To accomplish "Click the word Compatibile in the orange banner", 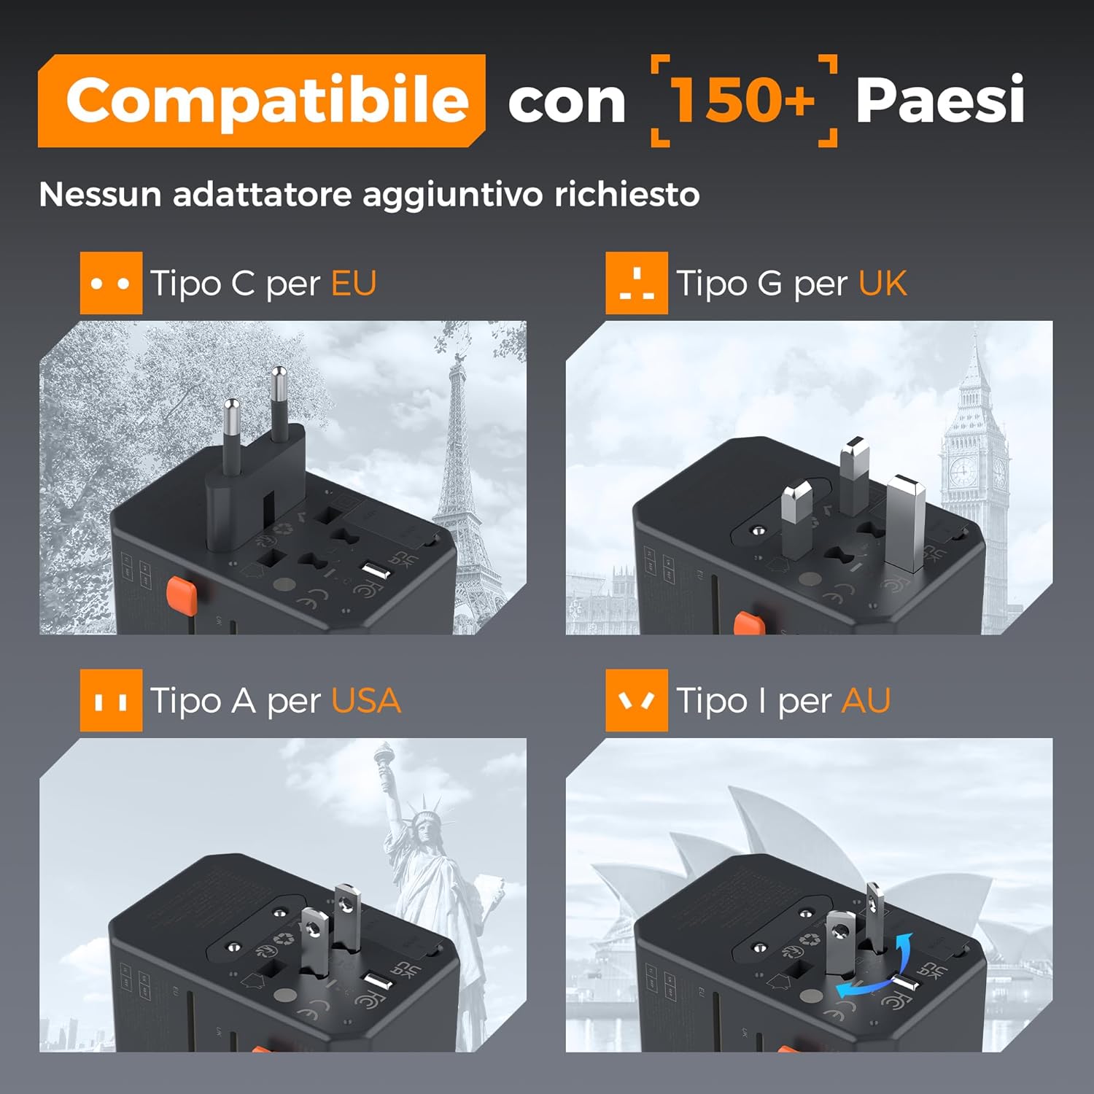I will coord(266,101).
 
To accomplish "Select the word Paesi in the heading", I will coord(939,100).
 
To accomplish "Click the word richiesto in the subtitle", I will coord(626,195).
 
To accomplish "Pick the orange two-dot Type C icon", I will coord(111,283).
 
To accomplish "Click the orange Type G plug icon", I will coord(636,283).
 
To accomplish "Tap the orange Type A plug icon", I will coord(111,701).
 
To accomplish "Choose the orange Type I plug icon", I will coord(636,701).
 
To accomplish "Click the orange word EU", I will coord(354,283).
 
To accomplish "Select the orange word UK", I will coord(882,283).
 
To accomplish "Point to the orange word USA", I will coord(365,701).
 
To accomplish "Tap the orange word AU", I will coord(866,701).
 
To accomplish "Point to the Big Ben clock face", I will coord(963,472).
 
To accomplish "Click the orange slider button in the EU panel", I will coord(182,595).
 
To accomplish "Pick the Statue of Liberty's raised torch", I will coord(384,759).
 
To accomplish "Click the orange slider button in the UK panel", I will coord(749,624).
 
